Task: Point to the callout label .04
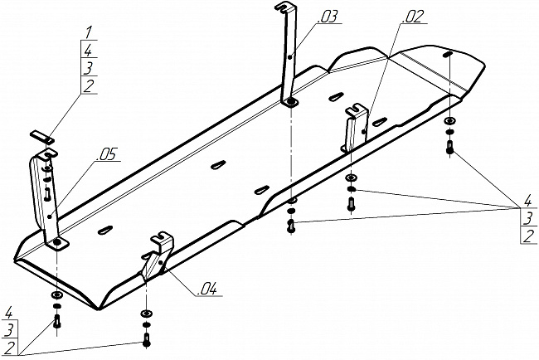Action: pos(207,289)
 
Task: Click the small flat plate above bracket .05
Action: pos(43,134)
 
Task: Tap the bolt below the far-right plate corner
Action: pos(449,148)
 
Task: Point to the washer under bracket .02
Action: pos(352,180)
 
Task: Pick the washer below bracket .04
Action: pos(147,314)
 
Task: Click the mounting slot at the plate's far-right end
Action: pos(448,55)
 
